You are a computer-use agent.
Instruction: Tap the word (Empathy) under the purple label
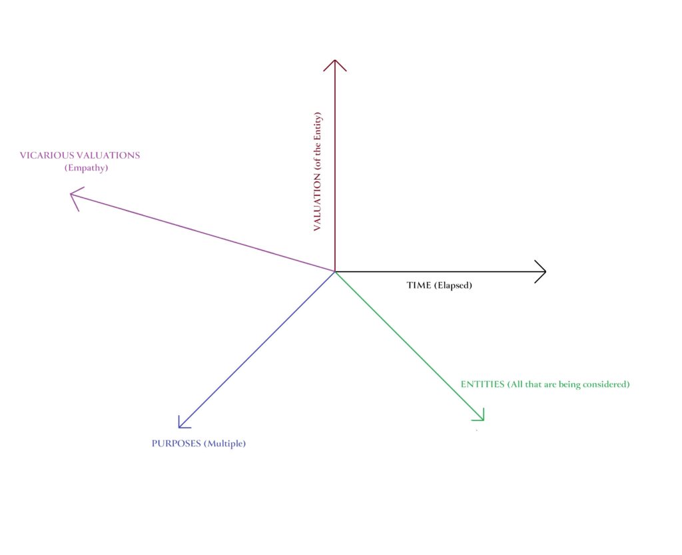pyautogui.click(x=87, y=169)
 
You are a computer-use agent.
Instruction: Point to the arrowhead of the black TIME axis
pyautogui.click(x=543, y=271)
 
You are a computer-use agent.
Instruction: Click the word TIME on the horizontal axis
pyautogui.click(x=418, y=285)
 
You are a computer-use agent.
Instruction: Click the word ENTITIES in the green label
pyautogui.click(x=482, y=384)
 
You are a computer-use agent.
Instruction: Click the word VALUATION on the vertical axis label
pyautogui.click(x=317, y=199)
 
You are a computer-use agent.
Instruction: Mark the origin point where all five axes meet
pyautogui.click(x=334, y=271)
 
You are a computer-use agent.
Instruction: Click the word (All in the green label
pyautogui.click(x=515, y=384)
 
